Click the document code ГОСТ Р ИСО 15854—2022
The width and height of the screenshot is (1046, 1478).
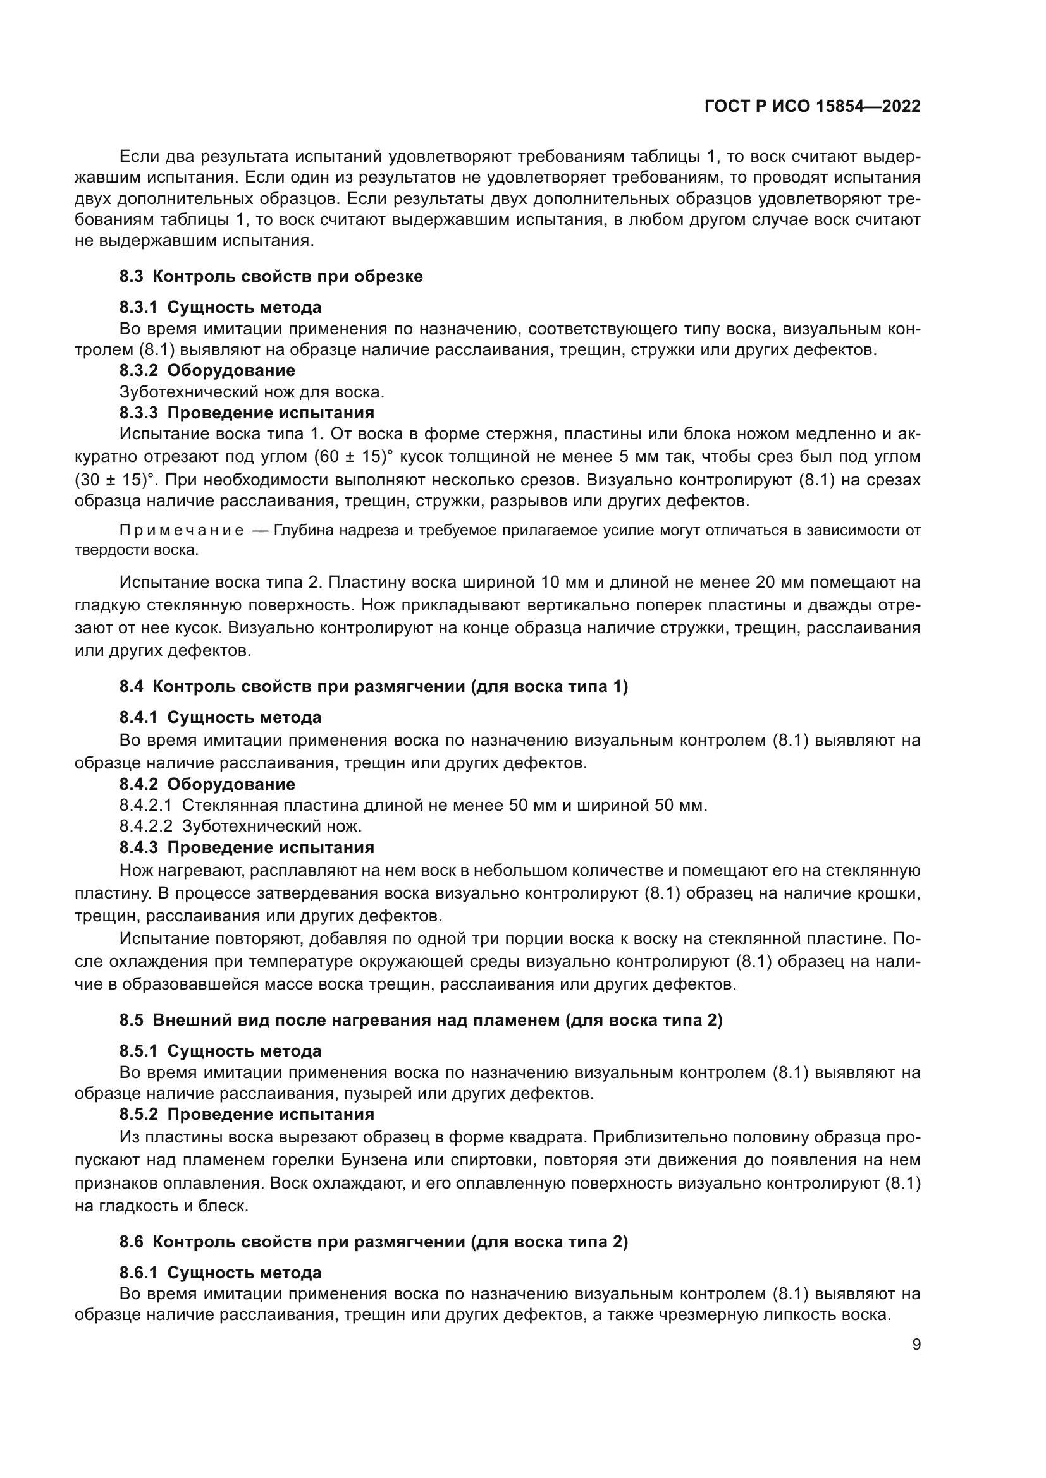pyautogui.click(x=813, y=106)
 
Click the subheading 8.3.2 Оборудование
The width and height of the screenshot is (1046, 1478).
pyautogui.click(x=207, y=370)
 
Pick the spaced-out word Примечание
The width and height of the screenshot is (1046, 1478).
pyautogui.click(x=182, y=530)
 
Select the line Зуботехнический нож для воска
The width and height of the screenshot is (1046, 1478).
pyautogui.click(x=252, y=391)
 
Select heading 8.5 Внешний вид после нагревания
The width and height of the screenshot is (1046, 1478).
pyautogui.click(x=421, y=1021)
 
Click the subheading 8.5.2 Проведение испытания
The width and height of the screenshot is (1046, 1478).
pyautogui.click(x=247, y=1114)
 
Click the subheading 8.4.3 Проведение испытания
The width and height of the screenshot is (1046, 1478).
pyautogui.click(x=247, y=847)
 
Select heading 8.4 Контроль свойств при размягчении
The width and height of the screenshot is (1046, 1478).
pyautogui.click(x=374, y=686)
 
